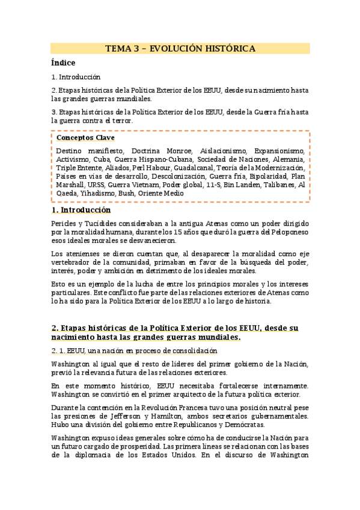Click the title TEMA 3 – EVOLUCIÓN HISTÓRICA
pyautogui.click(x=180, y=49)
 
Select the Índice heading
pyautogui.click(x=63, y=63)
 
